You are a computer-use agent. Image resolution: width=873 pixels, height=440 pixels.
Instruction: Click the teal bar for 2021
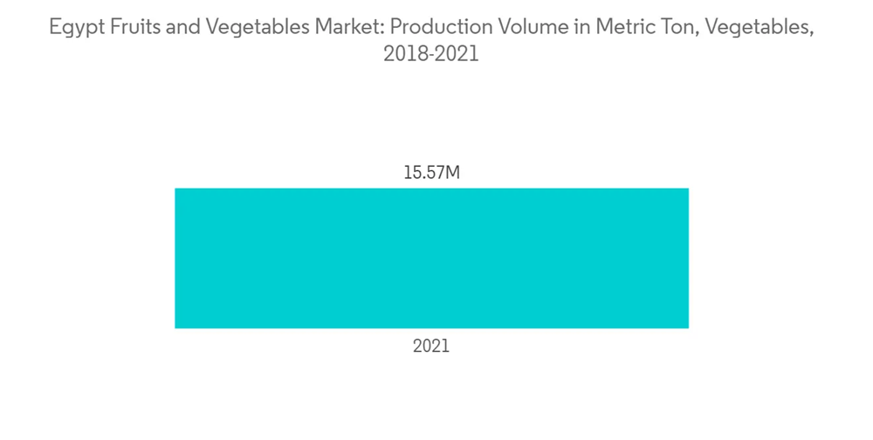point(431,258)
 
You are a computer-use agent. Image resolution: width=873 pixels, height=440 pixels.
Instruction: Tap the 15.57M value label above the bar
point(431,173)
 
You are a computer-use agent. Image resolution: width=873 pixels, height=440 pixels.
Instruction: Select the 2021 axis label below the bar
point(431,347)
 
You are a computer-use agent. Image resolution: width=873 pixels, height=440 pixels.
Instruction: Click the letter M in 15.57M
point(452,173)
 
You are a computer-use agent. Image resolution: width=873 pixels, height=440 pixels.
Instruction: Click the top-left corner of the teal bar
point(176,189)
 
